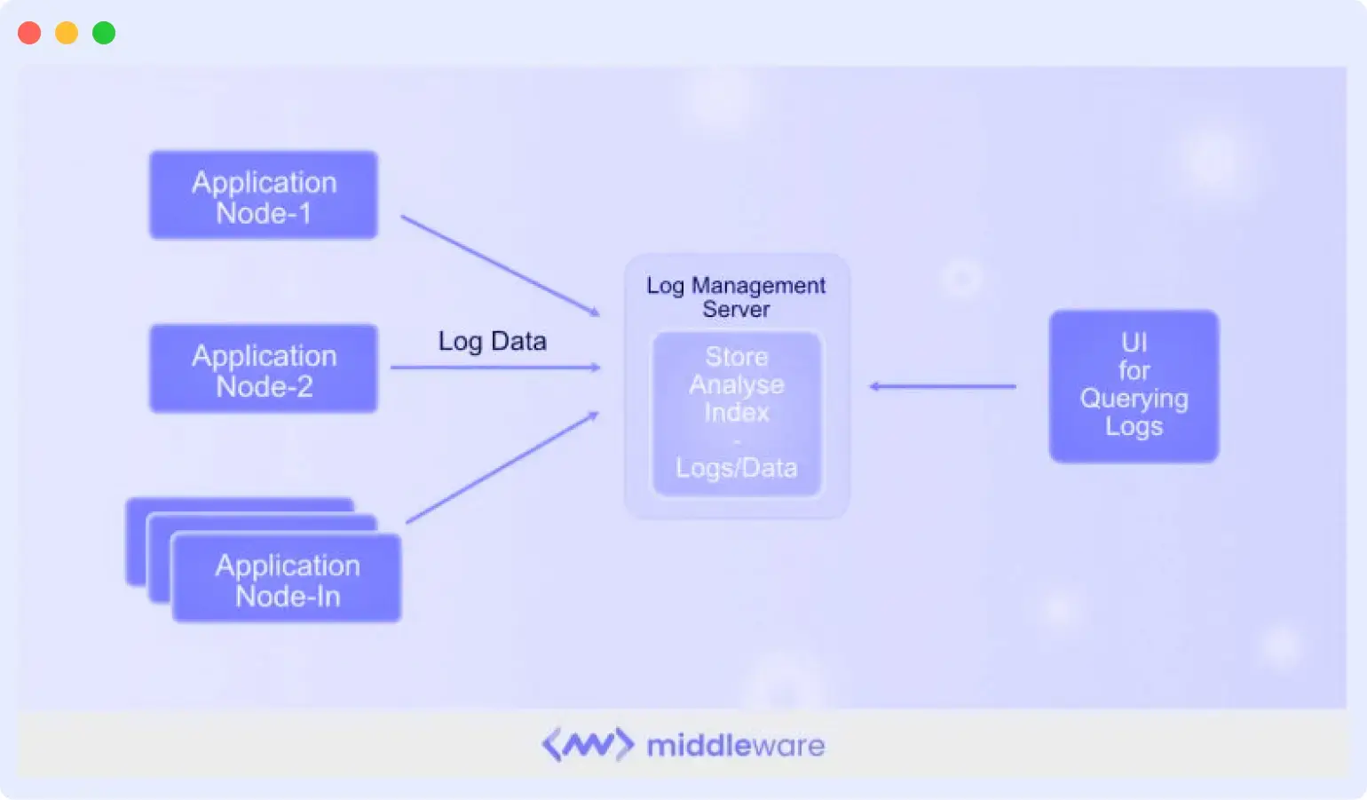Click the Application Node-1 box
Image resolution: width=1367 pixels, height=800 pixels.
click(264, 195)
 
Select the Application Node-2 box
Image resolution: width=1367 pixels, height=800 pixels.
click(264, 368)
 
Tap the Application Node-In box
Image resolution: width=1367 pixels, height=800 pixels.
click(287, 579)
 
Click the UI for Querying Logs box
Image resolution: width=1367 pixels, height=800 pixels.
click(1134, 385)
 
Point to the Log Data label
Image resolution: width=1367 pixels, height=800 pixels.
click(492, 341)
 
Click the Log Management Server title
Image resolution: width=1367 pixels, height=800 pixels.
click(736, 297)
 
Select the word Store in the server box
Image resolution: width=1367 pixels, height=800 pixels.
click(737, 357)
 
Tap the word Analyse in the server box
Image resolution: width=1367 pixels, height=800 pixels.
click(737, 384)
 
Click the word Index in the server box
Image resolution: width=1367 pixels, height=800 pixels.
click(737, 412)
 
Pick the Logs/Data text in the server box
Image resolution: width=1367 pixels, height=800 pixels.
click(737, 468)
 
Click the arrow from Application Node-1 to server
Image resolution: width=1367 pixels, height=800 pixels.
click(500, 265)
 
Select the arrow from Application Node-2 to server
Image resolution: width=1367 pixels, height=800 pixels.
click(495, 367)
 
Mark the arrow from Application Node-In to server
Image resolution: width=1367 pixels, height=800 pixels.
click(502, 468)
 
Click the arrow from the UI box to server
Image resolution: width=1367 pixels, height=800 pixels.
click(943, 386)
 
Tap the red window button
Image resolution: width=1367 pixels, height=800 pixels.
click(29, 33)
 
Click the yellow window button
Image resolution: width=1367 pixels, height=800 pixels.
click(67, 33)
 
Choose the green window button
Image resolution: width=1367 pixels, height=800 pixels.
click(104, 33)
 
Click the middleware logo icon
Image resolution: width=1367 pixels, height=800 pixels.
click(588, 745)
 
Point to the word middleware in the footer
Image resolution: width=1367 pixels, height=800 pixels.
click(736, 745)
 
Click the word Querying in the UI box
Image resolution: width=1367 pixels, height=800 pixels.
click(1134, 399)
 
